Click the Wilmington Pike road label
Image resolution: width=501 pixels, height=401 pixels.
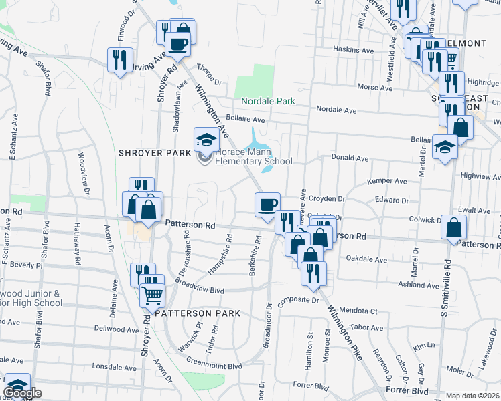coord(346,332)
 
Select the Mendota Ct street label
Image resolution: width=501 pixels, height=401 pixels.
coord(358,311)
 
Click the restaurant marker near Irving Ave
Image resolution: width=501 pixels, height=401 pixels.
coord(121,59)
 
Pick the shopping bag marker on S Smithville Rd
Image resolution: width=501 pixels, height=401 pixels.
coord(454,228)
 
